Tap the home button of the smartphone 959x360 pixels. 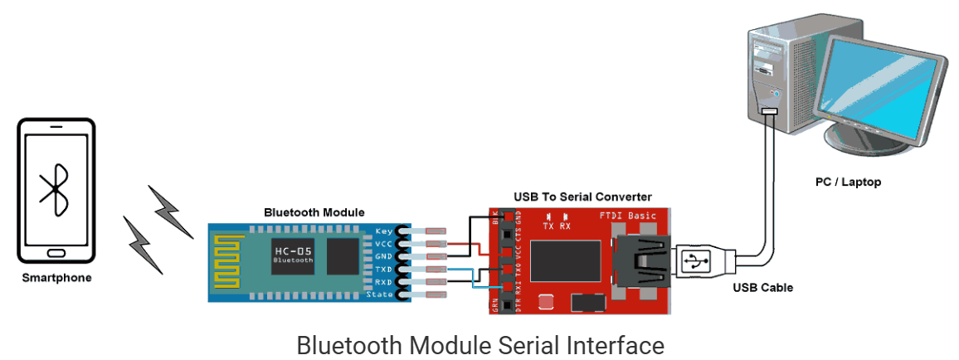[56, 252]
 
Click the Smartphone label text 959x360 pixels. [56, 278]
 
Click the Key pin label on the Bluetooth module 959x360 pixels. [382, 231]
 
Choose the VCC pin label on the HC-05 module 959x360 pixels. [382, 244]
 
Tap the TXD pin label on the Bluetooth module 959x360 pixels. [382, 270]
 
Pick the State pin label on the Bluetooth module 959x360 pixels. [380, 295]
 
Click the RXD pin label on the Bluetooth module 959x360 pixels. [382, 282]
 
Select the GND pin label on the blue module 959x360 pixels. [382, 256]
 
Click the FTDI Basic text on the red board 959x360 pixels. [627, 216]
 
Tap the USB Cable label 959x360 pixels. [762, 288]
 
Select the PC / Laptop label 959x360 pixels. [848, 182]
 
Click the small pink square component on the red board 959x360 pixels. [545, 301]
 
